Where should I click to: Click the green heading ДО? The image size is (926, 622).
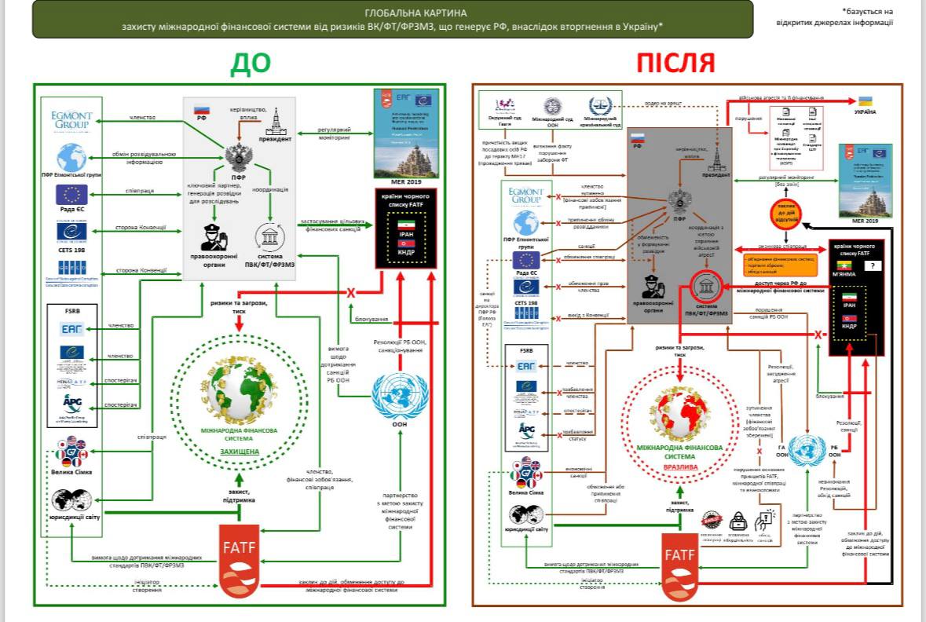pos(250,64)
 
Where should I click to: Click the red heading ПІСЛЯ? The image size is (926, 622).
pos(675,64)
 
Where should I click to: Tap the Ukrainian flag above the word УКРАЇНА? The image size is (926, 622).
pos(866,102)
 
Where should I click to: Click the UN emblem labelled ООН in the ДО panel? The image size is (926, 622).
pos(397,390)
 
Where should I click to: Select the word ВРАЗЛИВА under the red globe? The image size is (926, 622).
pos(679,466)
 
